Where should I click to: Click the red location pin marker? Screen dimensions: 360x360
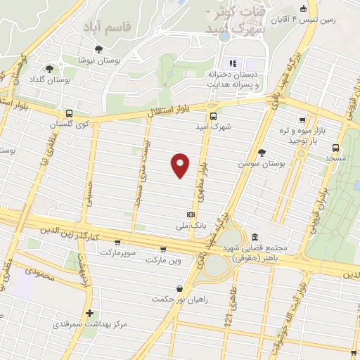pos(181,165)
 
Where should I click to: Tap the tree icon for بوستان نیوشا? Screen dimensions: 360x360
pos(98,49)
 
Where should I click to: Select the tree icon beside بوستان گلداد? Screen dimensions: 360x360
pos(49,69)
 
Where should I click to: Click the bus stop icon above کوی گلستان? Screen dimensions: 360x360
pos(68,112)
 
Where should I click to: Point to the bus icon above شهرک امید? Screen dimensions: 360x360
pos(213,117)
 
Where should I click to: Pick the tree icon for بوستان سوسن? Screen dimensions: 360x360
pos(262,152)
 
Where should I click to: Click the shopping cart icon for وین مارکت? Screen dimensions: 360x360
pos(163,249)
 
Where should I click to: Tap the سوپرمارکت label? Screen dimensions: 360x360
pos(122,251)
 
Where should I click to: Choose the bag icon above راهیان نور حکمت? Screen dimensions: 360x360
pos(180,288)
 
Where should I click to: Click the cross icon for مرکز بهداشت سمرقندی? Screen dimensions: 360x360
pos(89,314)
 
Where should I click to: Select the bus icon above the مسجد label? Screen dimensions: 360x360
pos(335,148)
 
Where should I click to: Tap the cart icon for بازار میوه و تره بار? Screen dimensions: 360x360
pos(302,120)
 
